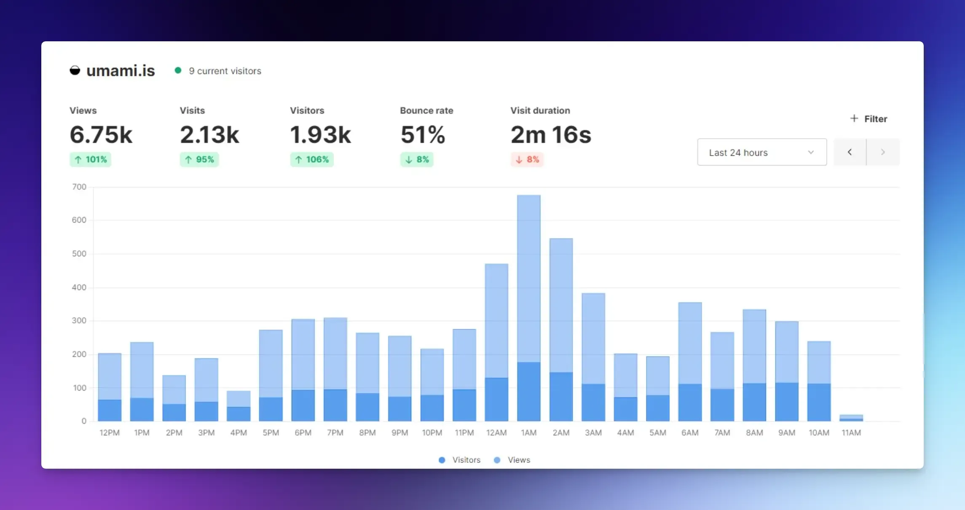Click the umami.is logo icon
(x=75, y=70)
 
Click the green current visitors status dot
(x=178, y=70)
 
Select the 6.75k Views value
(x=101, y=135)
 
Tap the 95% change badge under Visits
(x=199, y=159)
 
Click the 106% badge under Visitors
(x=312, y=159)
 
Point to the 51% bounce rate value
(x=423, y=135)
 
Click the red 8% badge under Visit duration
(x=527, y=159)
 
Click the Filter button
(x=868, y=119)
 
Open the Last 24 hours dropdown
(x=761, y=152)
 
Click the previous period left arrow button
(x=850, y=152)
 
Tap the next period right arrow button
(x=883, y=152)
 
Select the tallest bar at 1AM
(x=528, y=308)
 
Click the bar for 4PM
(x=239, y=406)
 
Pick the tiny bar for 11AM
(x=851, y=418)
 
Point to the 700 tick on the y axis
(x=79, y=187)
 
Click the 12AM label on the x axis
(x=496, y=433)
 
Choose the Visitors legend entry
(x=460, y=460)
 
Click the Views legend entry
(x=512, y=460)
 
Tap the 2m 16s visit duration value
(x=551, y=135)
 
